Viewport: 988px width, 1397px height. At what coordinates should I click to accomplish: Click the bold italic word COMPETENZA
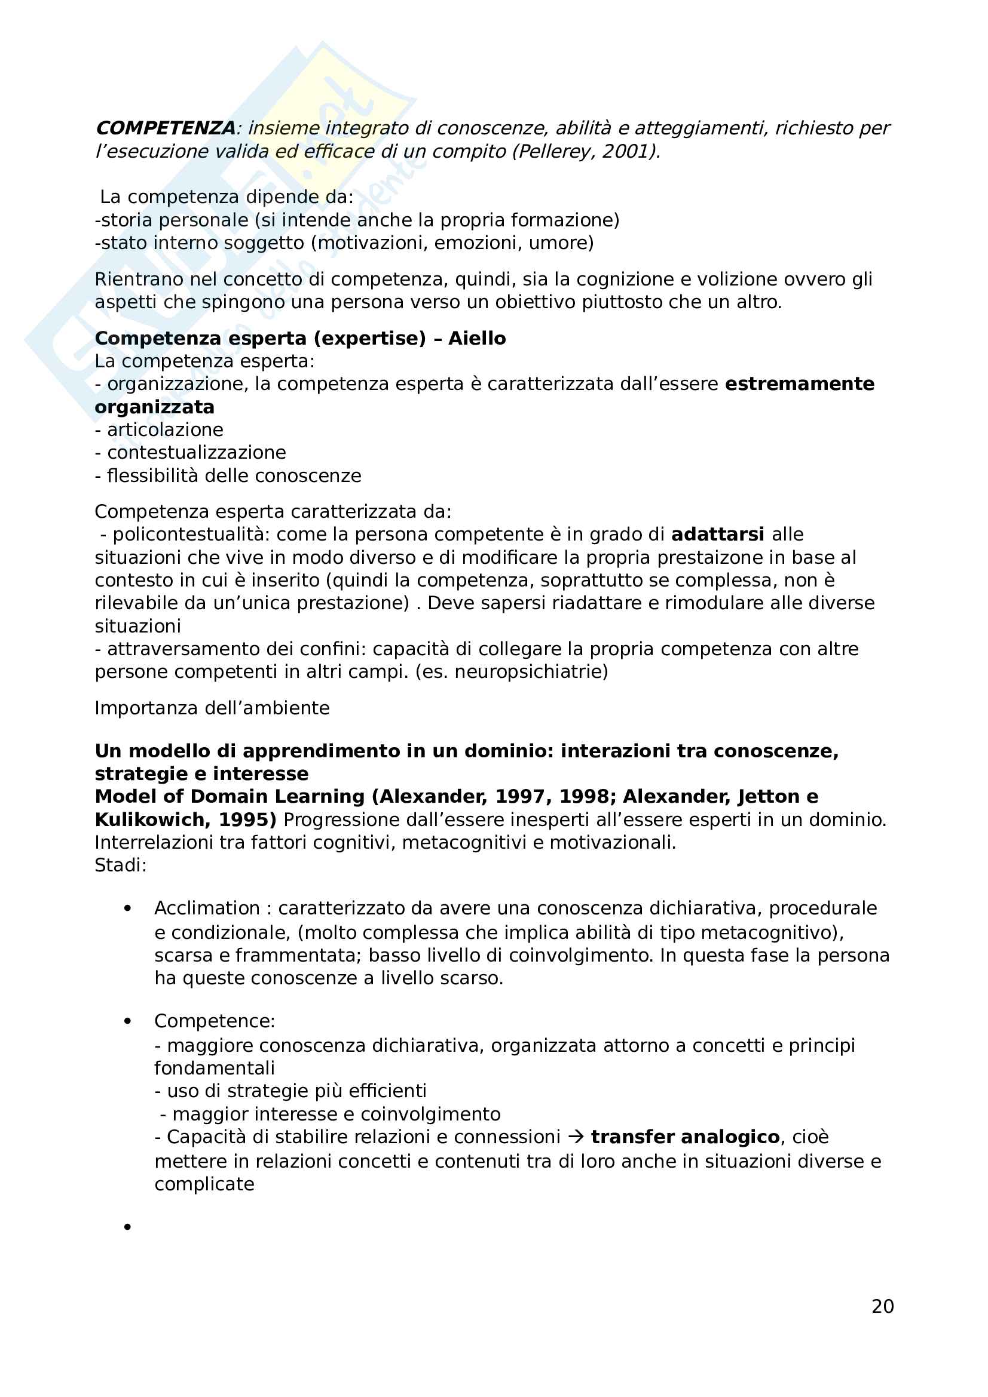(166, 128)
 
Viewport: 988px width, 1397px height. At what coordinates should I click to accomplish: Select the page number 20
(882, 1306)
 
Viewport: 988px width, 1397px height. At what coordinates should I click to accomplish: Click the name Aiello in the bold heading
(476, 338)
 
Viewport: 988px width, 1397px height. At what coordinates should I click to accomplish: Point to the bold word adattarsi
(717, 534)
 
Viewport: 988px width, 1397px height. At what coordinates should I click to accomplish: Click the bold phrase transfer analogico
(685, 1137)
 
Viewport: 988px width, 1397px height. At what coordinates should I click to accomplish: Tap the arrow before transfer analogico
(575, 1137)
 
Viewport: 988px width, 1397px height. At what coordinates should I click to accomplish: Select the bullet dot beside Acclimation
(127, 908)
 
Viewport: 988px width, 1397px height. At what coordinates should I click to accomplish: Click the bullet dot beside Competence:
(127, 1021)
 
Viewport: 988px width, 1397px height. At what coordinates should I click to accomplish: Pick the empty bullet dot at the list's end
(127, 1227)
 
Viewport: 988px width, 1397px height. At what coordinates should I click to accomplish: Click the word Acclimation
(207, 908)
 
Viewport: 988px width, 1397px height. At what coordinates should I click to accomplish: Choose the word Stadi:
(121, 865)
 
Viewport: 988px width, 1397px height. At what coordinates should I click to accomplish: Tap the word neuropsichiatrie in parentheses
(528, 672)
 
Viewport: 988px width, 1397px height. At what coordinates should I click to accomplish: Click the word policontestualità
(191, 534)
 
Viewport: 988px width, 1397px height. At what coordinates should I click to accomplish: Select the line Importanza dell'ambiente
(212, 708)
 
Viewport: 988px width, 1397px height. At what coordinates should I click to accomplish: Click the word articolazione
(165, 430)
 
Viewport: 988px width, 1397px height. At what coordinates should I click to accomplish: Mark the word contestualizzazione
(196, 453)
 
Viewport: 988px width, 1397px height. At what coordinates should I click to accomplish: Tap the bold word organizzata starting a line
(155, 407)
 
